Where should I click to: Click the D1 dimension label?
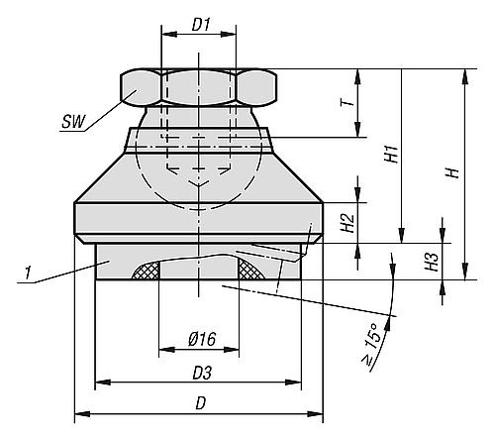[200, 21]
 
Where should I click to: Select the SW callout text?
[72, 122]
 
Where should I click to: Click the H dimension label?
[451, 172]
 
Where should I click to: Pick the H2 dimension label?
[346, 223]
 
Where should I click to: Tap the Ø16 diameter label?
[201, 340]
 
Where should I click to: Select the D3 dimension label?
[201, 373]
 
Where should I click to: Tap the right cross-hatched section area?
[249, 269]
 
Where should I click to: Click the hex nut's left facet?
[139, 88]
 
